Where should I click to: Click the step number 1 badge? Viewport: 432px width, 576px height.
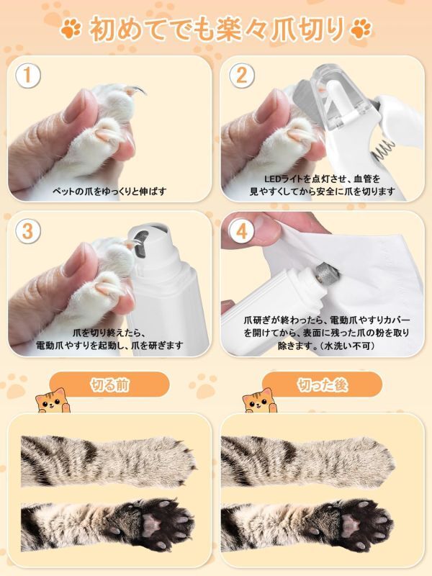27,76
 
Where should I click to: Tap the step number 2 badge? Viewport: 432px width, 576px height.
242,76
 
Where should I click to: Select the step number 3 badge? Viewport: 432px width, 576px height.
27,231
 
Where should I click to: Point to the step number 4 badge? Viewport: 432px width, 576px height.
242,231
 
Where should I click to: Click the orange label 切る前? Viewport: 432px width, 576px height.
110,384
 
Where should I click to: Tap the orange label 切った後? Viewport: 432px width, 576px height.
323,384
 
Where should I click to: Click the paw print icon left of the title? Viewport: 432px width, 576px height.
71,30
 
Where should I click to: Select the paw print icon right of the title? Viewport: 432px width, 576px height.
361,30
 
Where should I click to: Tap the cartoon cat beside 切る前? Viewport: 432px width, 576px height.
52,400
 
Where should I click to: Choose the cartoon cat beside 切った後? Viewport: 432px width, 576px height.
259,400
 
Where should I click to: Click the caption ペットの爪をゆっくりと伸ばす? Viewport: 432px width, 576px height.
109,192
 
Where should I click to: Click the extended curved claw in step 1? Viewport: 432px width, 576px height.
136,89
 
